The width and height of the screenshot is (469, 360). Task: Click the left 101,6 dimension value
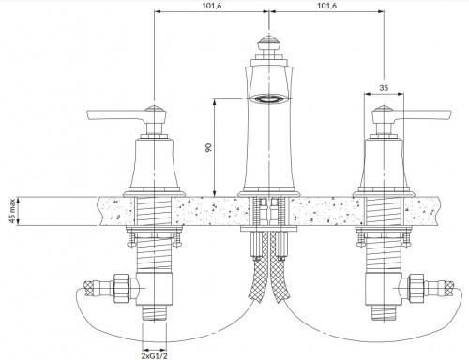click(211, 6)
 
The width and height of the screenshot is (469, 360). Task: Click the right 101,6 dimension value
click(325, 6)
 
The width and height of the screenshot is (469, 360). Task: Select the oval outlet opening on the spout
click(268, 97)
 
